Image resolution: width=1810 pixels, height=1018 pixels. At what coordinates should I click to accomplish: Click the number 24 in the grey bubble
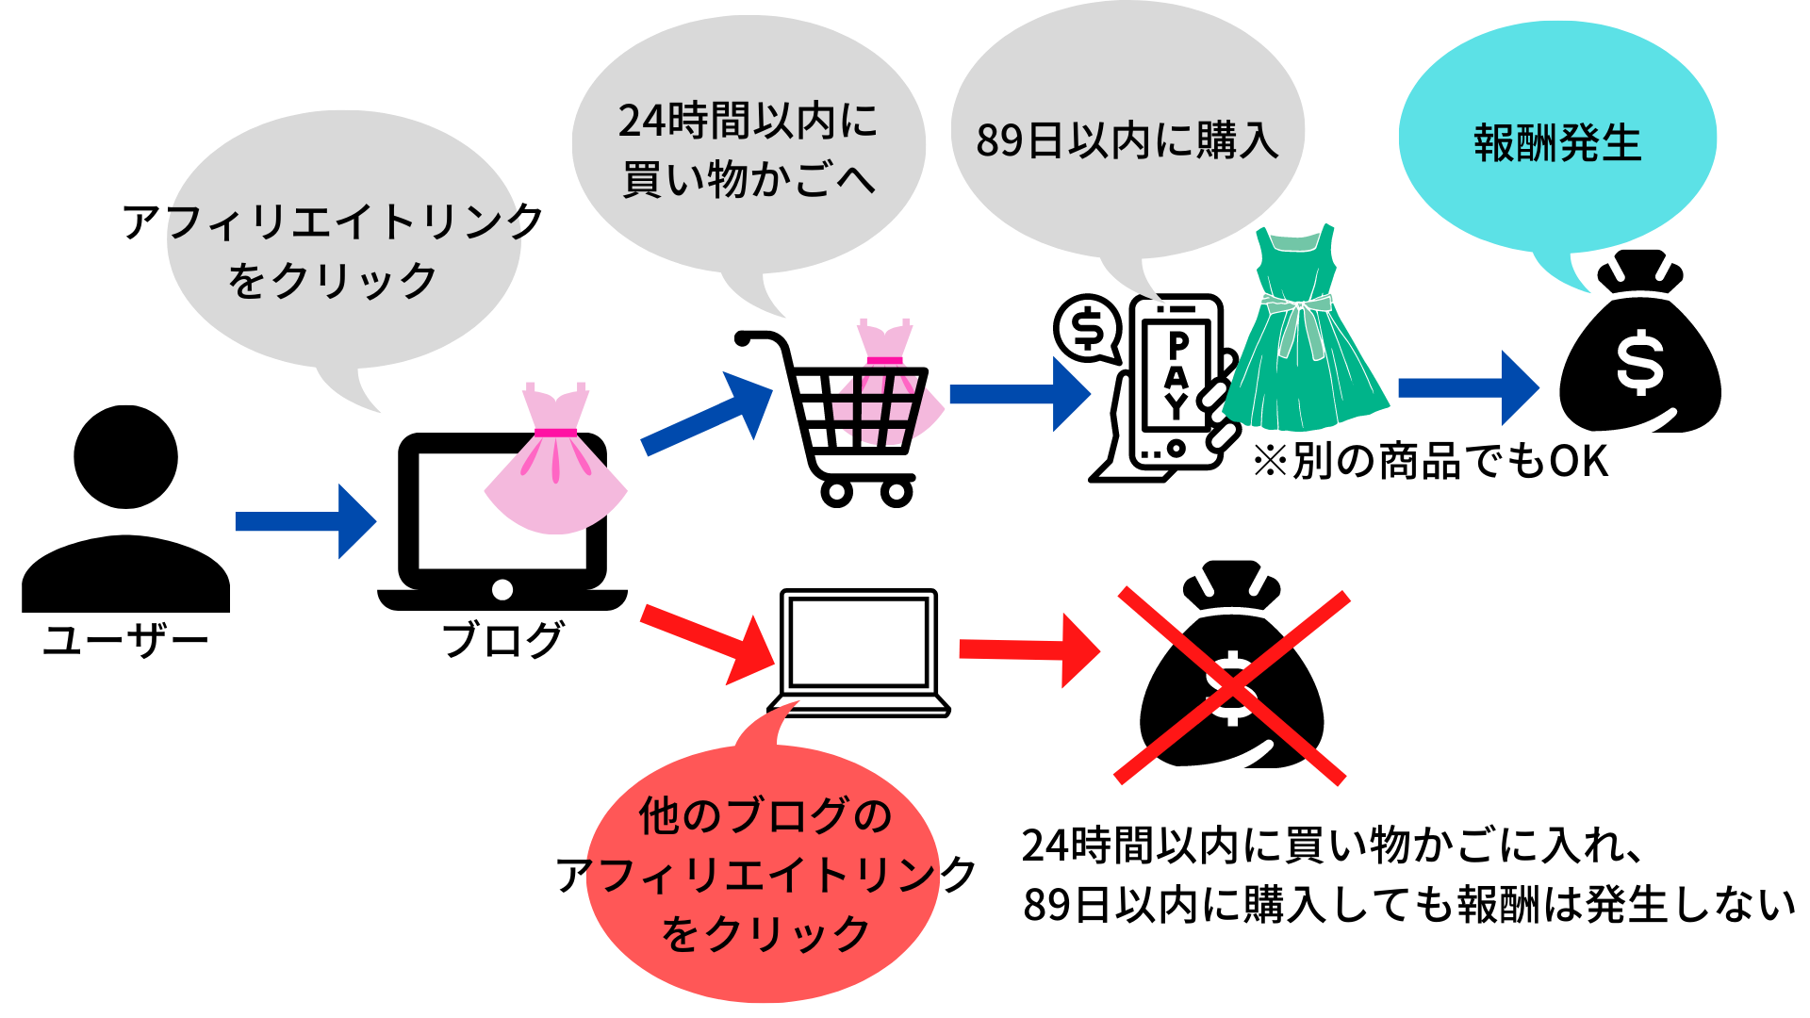[641, 122]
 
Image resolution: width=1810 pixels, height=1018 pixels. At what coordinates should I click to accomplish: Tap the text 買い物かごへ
[749, 180]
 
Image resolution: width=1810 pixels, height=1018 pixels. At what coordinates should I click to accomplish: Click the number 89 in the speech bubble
[999, 141]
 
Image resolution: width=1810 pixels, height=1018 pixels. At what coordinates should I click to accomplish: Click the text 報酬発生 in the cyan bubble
[1557, 144]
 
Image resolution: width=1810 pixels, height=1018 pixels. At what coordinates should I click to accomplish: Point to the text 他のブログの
[765, 816]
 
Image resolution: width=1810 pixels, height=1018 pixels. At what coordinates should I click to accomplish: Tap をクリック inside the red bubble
[765, 934]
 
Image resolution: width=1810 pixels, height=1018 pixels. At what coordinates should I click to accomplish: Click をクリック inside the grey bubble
[332, 281]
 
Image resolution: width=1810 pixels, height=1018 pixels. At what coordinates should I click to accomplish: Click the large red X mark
[1232, 687]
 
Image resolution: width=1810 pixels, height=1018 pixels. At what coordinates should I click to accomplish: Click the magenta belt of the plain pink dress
[555, 433]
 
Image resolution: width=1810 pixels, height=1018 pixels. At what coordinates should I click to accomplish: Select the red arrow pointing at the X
[1028, 650]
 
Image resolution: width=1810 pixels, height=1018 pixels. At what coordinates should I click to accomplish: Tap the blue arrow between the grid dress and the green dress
[1019, 394]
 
